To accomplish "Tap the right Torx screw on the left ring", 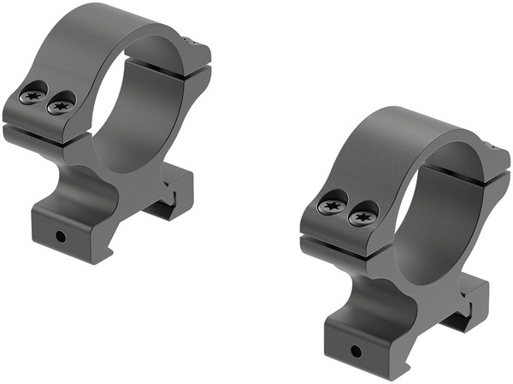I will (59, 107).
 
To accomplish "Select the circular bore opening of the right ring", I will (436, 214).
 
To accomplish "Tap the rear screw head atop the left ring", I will (197, 40).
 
